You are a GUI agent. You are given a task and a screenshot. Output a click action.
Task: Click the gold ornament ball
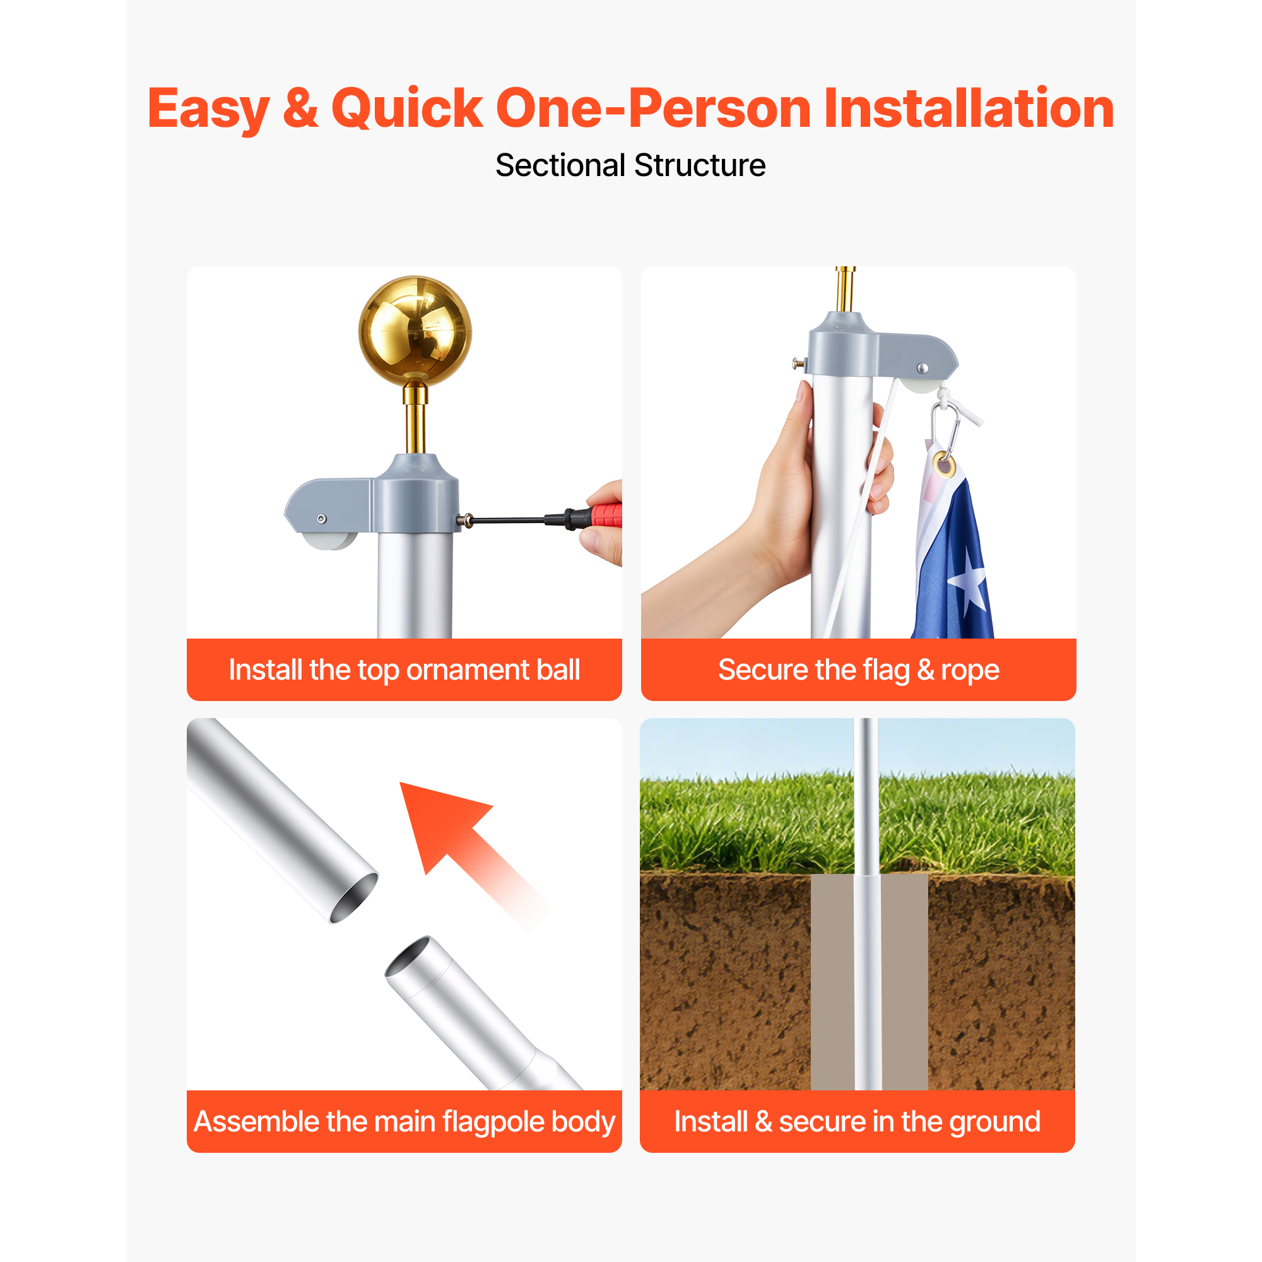(x=415, y=331)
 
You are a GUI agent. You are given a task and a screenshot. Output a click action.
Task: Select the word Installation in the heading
(x=969, y=108)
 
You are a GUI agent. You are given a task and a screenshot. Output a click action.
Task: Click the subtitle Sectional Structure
(x=630, y=165)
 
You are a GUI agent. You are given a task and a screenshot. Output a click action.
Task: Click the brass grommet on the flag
(x=944, y=465)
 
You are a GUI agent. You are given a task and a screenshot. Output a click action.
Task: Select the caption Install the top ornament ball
(x=404, y=670)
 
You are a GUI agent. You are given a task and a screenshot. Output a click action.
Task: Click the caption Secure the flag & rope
(x=858, y=670)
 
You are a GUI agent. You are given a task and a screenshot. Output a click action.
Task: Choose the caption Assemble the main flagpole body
(x=404, y=1121)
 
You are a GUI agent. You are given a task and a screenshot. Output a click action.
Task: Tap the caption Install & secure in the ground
(x=857, y=1121)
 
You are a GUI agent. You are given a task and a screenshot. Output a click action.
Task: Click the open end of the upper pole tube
(x=354, y=898)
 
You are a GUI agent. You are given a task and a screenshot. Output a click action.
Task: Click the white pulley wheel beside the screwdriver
(x=331, y=540)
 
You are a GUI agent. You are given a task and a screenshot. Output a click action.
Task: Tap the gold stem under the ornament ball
(x=415, y=419)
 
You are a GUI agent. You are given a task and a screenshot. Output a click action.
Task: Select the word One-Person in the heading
(x=653, y=108)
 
